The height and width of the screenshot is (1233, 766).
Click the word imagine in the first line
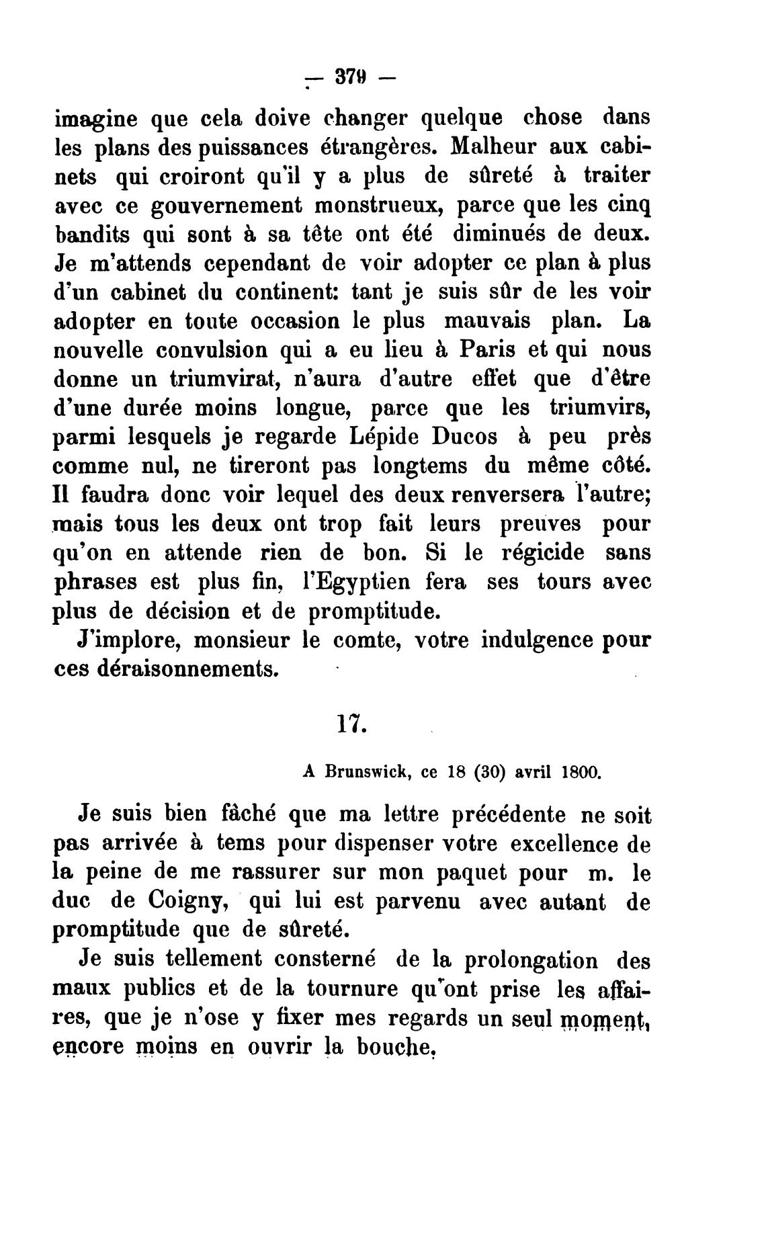tap(95, 119)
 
